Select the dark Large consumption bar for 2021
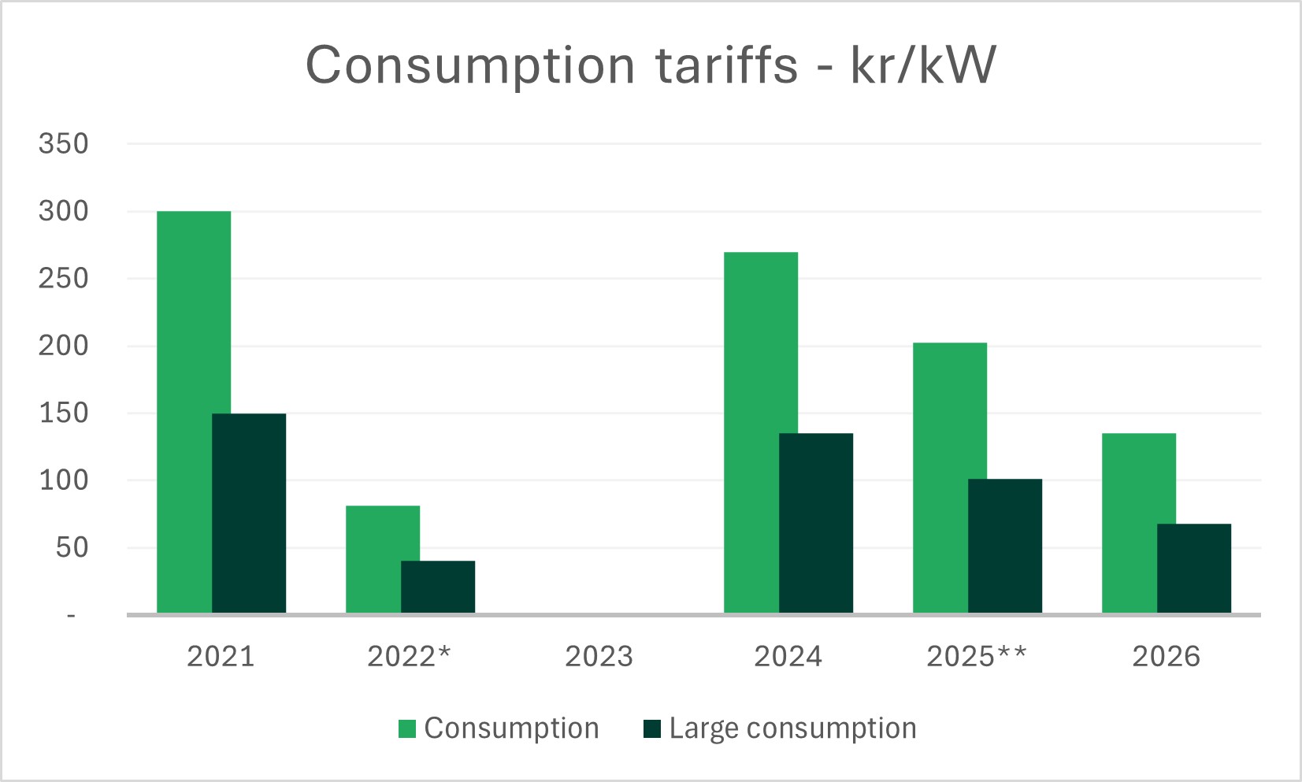tap(249, 513)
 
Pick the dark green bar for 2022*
tap(438, 587)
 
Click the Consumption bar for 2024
tap(751, 432)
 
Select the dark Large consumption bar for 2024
tap(816, 523)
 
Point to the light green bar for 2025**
tap(940, 477)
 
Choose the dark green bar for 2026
tap(1194, 568)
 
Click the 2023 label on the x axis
tap(599, 656)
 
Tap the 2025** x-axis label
tap(977, 656)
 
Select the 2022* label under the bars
tap(410, 656)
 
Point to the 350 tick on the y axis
tap(64, 144)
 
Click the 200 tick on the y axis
tap(64, 346)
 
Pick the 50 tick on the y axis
tap(72, 547)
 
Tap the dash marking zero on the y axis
tap(72, 615)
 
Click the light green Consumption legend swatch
tap(407, 728)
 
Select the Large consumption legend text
tap(792, 728)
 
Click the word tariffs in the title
tap(726, 65)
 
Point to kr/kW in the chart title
tap(923, 65)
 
